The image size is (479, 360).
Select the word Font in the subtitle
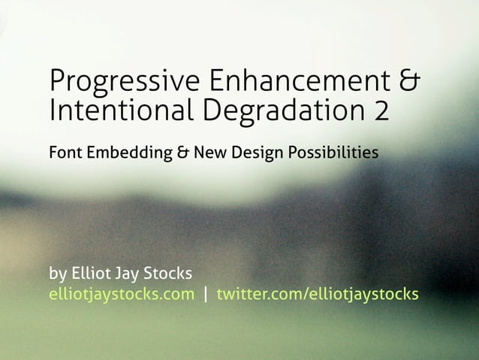64,154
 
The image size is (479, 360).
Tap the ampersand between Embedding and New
183,154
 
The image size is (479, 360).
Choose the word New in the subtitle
209,154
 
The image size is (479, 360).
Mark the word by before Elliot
59,273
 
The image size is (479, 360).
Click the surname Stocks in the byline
173,271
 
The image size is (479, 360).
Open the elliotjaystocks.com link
121,294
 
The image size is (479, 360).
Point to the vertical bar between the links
206,294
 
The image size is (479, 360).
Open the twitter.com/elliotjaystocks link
318,294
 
